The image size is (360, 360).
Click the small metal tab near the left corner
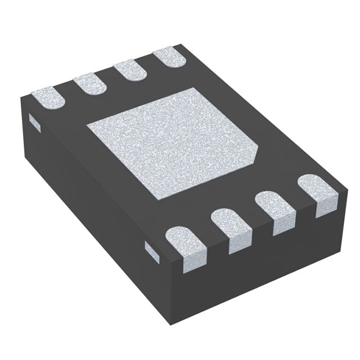tap(35, 122)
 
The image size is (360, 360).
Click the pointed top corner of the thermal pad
tap(195, 88)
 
